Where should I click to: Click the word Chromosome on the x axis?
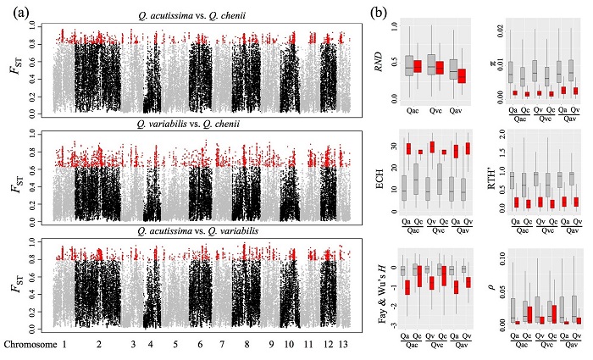pos(30,345)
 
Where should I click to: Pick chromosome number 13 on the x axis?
pos(343,345)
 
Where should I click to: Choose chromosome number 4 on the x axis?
pos(150,345)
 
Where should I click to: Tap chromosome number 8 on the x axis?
pos(247,345)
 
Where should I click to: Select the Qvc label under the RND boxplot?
pos(435,111)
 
